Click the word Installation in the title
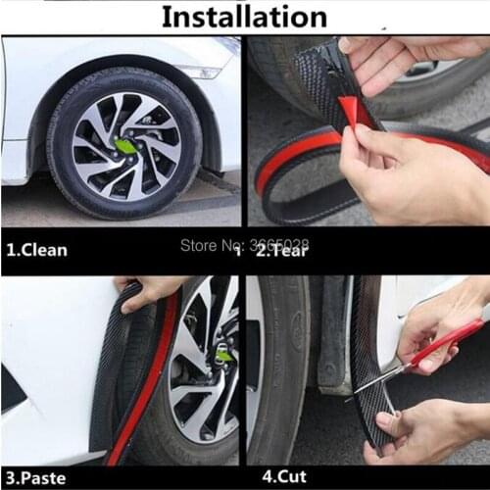[x=243, y=17]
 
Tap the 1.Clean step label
[x=36, y=249]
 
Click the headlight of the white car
[x=202, y=72]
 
